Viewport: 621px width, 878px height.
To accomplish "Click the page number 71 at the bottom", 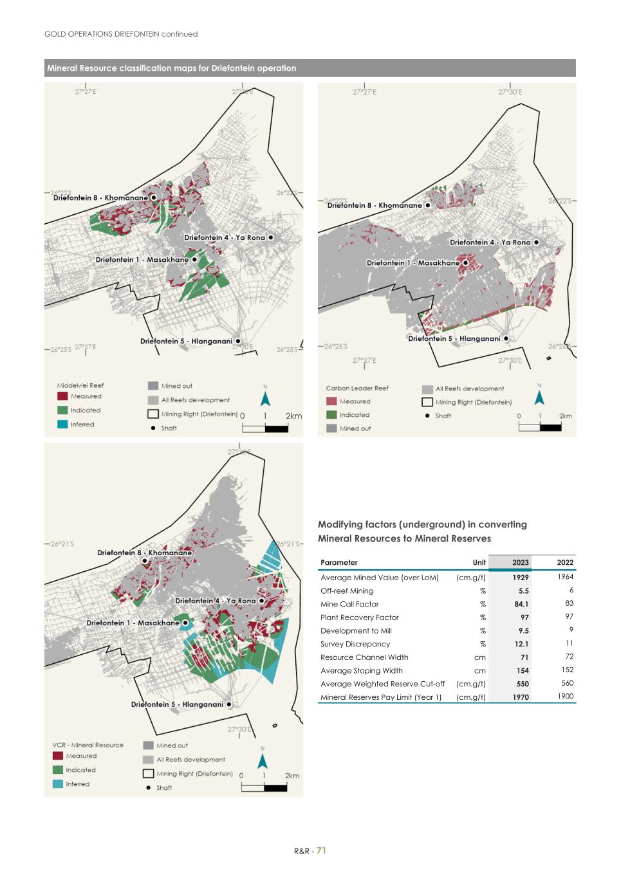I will click(321, 850).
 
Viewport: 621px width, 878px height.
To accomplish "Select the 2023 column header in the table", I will click(520, 562).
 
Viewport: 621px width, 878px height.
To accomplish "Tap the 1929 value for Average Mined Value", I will click(520, 578).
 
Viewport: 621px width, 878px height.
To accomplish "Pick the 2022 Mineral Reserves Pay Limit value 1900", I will click(565, 697).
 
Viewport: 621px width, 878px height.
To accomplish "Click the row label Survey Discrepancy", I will click(355, 644).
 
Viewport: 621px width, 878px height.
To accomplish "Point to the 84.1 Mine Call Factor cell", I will click(521, 604).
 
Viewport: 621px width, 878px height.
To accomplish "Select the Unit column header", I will click(479, 562).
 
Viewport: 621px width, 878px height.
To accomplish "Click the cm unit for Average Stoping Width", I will click(479, 670).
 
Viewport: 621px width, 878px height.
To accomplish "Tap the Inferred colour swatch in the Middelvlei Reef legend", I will click(62, 425).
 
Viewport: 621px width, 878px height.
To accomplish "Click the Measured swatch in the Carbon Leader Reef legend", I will click(331, 401).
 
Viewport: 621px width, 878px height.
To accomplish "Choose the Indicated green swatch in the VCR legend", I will click(58, 770).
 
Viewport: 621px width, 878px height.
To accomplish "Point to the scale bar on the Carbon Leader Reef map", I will click(540, 426).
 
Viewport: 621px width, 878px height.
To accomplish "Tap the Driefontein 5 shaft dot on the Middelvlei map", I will click(238, 342).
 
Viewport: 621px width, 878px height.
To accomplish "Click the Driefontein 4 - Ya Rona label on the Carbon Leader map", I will click(490, 242).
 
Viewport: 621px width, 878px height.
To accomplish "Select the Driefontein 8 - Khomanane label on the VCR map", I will click(144, 553).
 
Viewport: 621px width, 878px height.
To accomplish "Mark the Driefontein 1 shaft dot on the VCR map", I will click(185, 623).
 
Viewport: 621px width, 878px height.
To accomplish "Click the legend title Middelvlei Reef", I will click(80, 385).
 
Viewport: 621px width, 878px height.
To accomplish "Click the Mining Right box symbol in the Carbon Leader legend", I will click(427, 402).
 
